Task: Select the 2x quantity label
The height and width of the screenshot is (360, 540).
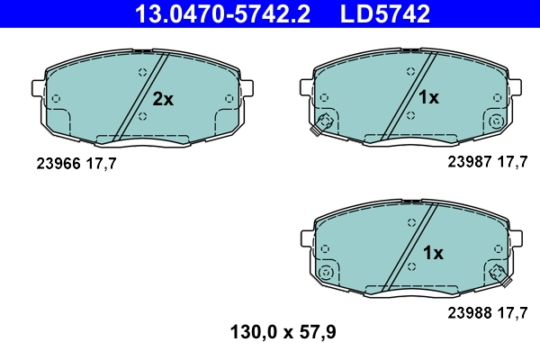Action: (162, 100)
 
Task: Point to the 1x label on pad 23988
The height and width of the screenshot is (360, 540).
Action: (433, 254)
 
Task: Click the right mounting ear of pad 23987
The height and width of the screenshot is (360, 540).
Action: (515, 85)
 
